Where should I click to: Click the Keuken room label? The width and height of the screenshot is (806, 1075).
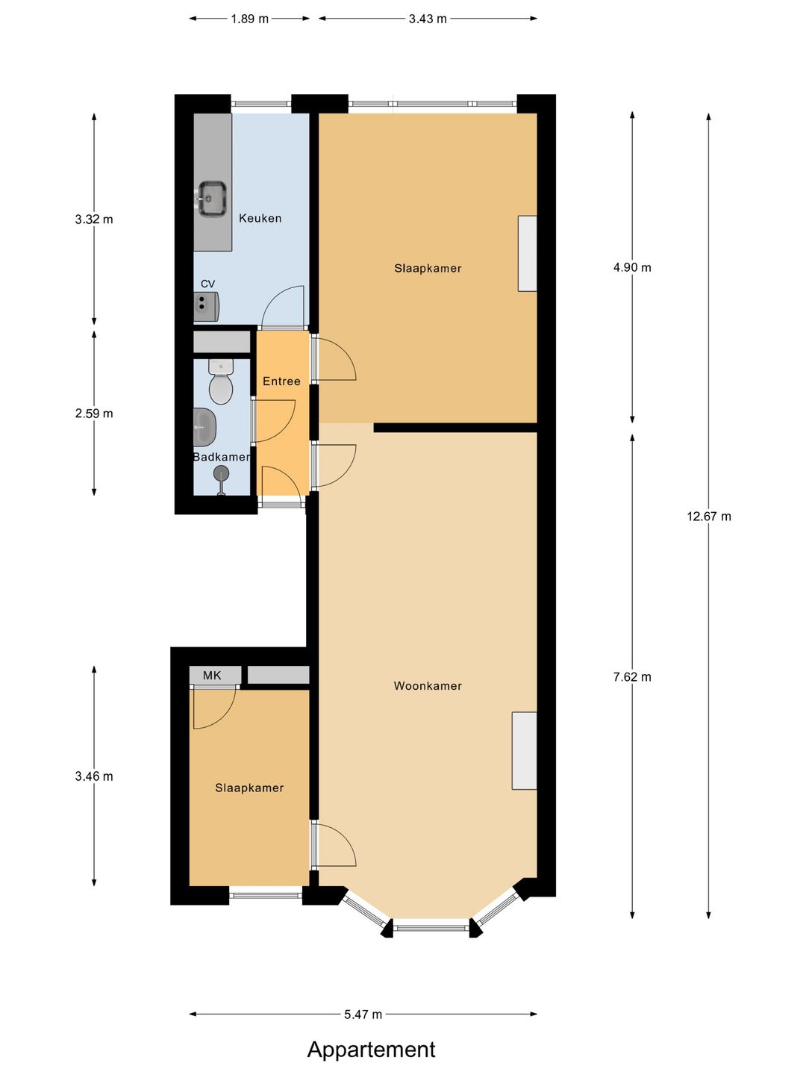click(260, 218)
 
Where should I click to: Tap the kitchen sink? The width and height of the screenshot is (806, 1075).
click(212, 199)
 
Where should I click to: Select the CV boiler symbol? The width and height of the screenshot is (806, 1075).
click(205, 306)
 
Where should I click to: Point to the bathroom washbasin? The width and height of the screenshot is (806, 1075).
click(204, 427)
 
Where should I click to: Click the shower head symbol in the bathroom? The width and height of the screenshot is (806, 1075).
click(221, 473)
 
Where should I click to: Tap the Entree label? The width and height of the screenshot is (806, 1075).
click(281, 381)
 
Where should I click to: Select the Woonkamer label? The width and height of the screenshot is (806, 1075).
click(428, 686)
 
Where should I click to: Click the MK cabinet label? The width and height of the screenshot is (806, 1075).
click(212, 676)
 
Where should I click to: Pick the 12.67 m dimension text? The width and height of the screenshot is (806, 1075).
click(709, 516)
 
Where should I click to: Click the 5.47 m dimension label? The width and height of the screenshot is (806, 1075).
click(363, 1015)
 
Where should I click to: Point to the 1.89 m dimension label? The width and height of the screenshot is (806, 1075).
click(249, 19)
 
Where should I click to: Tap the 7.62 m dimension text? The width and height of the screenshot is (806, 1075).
click(632, 677)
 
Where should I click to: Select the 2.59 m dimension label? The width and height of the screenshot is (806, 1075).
click(94, 414)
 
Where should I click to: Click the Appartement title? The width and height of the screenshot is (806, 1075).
click(371, 1050)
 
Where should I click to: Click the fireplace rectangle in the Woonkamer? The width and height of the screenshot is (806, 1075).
click(524, 750)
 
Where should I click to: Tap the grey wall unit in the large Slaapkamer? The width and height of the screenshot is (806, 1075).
click(528, 254)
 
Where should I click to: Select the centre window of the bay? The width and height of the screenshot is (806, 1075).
click(431, 927)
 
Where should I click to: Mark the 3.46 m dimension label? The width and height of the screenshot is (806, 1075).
click(94, 776)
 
